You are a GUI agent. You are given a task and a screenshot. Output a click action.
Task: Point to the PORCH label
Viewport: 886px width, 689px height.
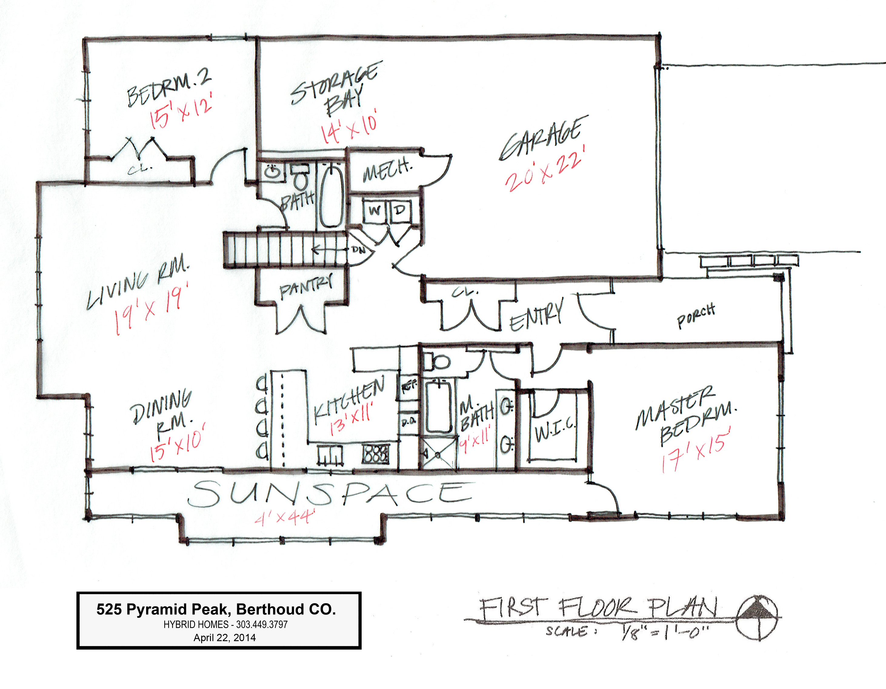pyautogui.click(x=695, y=316)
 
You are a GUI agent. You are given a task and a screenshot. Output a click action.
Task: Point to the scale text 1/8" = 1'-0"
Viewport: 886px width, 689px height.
pyautogui.click(x=666, y=633)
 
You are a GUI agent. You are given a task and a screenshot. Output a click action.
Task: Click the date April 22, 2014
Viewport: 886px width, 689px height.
pyautogui.click(x=224, y=637)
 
